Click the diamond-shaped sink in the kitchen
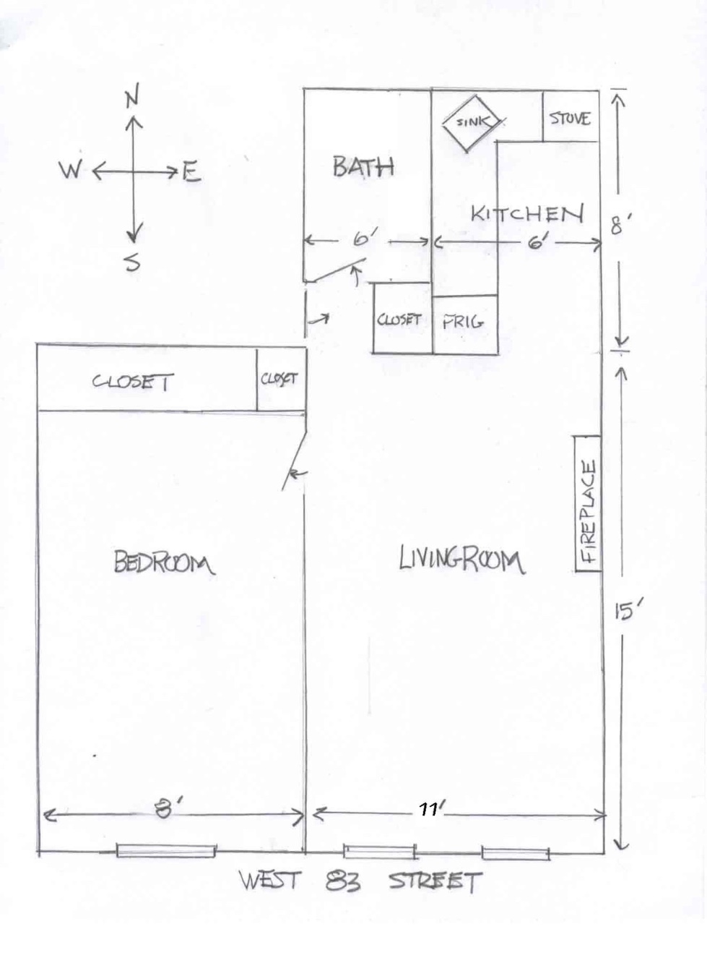pos(470,122)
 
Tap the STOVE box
pos(570,118)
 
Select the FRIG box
pos(464,322)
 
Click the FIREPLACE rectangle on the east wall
pos(588,503)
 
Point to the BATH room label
pos(363,167)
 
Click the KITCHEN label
pos(526,214)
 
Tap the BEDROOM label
pos(164,562)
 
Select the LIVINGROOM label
pos(461,560)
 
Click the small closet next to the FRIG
pos(399,319)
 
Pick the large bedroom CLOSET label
pos(133,381)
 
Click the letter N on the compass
pos(131,98)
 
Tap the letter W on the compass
pos(71,171)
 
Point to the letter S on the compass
pos(132,262)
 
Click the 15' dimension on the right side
pos(624,612)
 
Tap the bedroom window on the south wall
pos(166,851)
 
